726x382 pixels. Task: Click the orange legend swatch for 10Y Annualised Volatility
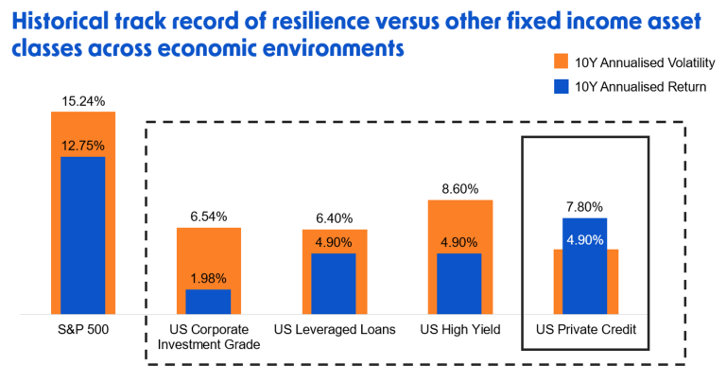pos(559,63)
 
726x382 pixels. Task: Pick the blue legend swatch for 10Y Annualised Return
pos(559,89)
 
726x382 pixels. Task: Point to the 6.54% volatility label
pos(207,217)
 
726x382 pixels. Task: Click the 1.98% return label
pos(207,278)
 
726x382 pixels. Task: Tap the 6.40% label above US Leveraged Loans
pos(334,218)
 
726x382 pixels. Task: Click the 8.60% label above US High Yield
pos(459,188)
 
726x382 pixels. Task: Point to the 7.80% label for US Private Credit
pos(585,207)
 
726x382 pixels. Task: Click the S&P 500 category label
pos(82,329)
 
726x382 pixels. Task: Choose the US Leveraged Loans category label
pos(334,329)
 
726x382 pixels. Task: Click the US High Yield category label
pos(459,329)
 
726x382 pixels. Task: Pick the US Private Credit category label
pos(586,329)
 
